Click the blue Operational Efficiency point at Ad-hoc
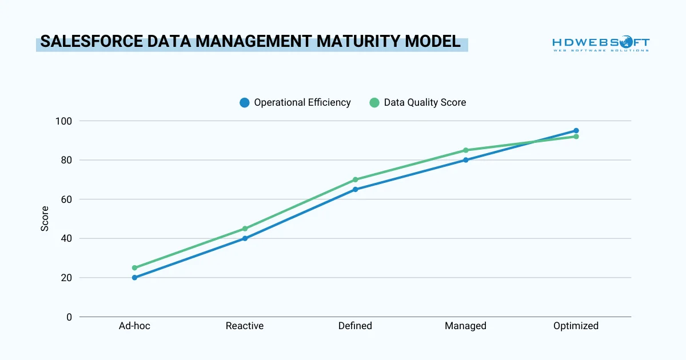(135, 278)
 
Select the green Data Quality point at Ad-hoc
(135, 267)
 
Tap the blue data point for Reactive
(245, 238)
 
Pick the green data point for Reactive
(245, 229)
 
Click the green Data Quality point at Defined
(355, 179)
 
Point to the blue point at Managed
(465, 160)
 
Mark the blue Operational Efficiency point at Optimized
(576, 131)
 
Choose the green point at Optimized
(576, 137)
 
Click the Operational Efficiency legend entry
(295, 103)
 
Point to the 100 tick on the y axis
(64, 121)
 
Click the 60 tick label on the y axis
(66, 199)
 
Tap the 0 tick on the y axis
(69, 317)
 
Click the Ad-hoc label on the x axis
(135, 326)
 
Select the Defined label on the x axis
(355, 326)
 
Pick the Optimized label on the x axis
(576, 326)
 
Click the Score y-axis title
(45, 219)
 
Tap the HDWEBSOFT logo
(600, 44)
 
